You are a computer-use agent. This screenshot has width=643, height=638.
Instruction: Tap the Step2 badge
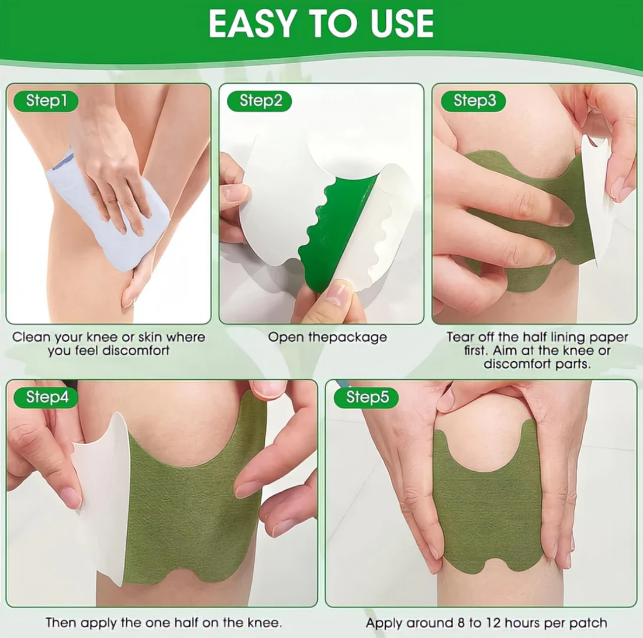pos(261,101)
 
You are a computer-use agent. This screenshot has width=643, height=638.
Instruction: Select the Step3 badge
pos(474,101)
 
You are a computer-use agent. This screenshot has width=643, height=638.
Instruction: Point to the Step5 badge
pos(367,398)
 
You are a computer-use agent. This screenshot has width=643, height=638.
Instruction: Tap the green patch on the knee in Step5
pos(488,515)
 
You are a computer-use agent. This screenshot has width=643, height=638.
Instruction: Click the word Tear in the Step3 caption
pos(459,338)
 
